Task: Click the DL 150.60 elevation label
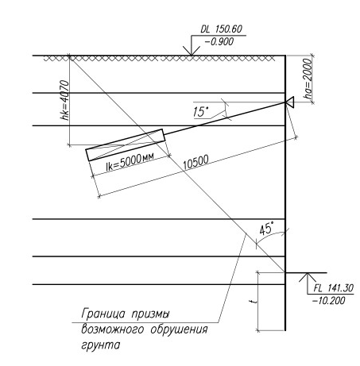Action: pyautogui.click(x=222, y=29)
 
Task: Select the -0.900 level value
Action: pyautogui.click(x=219, y=41)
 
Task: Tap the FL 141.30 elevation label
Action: pyautogui.click(x=334, y=288)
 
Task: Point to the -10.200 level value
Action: pyautogui.click(x=329, y=300)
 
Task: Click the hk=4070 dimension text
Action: pyautogui.click(x=64, y=100)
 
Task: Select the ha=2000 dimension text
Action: pyautogui.click(x=308, y=79)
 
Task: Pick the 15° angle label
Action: pyautogui.click(x=201, y=111)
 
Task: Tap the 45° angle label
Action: pyautogui.click(x=266, y=229)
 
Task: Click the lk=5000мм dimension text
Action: pyautogui.click(x=130, y=161)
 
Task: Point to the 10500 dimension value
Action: pyautogui.click(x=196, y=162)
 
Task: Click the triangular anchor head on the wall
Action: pyautogui.click(x=290, y=102)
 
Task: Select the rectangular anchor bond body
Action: pyautogui.click(x=126, y=144)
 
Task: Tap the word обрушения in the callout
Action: pyautogui.click(x=179, y=330)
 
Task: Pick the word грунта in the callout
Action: pyautogui.click(x=101, y=345)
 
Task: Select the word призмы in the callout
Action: pyautogui.click(x=150, y=314)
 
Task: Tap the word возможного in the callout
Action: pyautogui.click(x=113, y=330)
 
